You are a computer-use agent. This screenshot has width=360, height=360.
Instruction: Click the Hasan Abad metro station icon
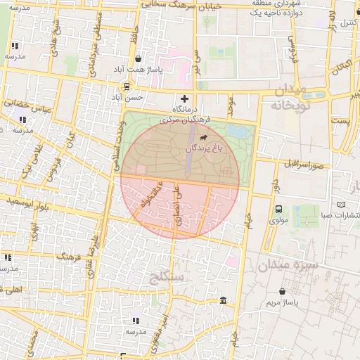coord(127,86)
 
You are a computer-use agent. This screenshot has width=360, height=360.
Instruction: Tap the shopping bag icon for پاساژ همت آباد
coord(139,60)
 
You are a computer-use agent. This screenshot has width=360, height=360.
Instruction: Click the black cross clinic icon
coord(185,98)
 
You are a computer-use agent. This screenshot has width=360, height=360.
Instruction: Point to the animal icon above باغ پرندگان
coord(204,138)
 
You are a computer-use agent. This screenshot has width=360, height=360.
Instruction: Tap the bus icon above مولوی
coord(278,209)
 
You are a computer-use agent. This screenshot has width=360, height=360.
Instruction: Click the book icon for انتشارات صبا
coord(342,204)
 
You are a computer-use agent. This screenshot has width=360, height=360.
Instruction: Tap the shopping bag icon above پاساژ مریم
coord(282,291)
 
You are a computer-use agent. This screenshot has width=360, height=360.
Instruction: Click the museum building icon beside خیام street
coord(223,301)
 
